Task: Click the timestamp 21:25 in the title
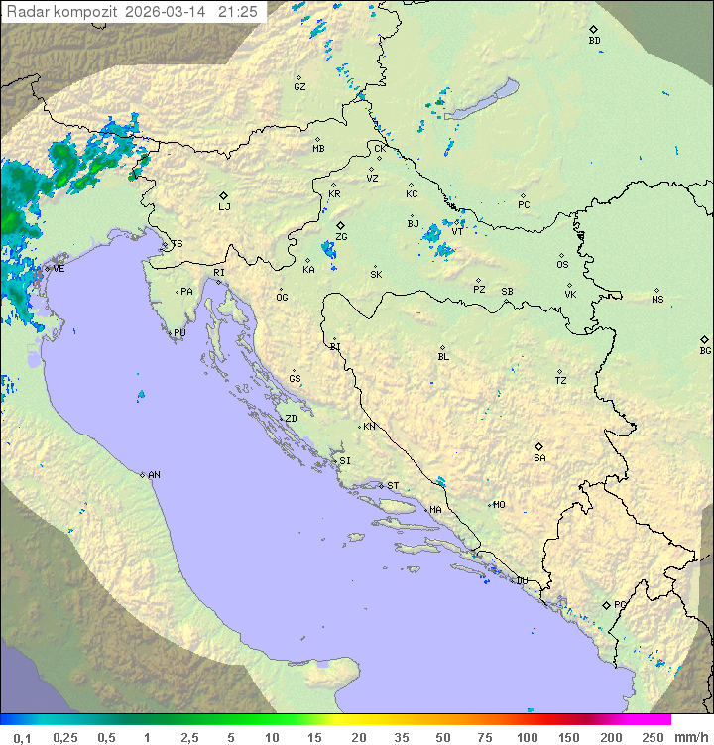[238, 12]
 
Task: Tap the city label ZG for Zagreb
[341, 237]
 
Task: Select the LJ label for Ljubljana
[224, 206]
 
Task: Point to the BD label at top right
[594, 41]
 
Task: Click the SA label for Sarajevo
[539, 457]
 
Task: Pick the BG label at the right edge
[705, 350]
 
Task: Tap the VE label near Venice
[58, 269]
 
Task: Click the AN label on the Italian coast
[154, 475]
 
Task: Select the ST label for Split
[393, 486]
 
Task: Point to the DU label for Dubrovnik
[521, 581]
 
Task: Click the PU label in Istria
[179, 333]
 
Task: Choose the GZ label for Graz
[299, 86]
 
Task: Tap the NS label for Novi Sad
[657, 300]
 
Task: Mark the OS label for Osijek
[562, 265]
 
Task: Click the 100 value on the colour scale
[527, 737]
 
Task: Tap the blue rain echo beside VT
[433, 235]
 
